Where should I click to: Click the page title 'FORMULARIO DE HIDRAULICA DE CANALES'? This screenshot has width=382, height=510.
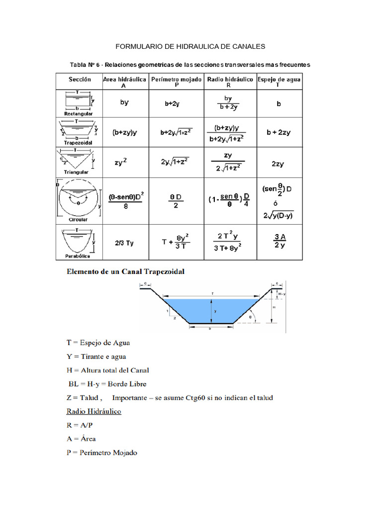(x=191, y=46)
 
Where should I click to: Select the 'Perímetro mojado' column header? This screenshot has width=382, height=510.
(x=177, y=82)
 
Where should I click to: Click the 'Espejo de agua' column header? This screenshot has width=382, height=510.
(x=279, y=82)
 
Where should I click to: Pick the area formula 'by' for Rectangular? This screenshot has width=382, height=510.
(x=124, y=103)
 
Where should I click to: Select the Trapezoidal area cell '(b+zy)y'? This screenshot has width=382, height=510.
(x=124, y=132)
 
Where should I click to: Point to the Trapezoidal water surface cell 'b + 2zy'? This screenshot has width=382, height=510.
(x=279, y=132)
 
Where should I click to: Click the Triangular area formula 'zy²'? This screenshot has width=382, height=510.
(x=124, y=162)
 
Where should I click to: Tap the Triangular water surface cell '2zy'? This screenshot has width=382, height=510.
(x=279, y=163)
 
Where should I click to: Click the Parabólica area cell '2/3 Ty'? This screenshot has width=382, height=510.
(x=124, y=243)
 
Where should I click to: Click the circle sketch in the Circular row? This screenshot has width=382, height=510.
(x=78, y=199)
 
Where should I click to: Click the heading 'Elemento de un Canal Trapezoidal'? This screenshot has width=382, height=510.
(x=126, y=272)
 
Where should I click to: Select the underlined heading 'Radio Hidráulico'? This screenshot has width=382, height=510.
(x=94, y=411)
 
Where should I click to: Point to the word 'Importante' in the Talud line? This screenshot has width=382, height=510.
(x=129, y=398)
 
